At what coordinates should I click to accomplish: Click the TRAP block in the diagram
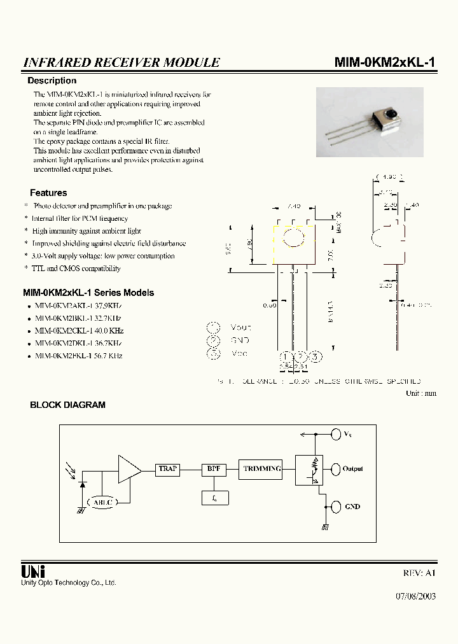click(x=168, y=469)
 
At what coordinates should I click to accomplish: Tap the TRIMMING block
click(x=261, y=469)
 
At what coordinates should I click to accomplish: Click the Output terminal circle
click(x=335, y=469)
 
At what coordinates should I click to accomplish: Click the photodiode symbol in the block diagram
click(x=82, y=484)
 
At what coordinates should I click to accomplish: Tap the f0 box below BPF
click(x=214, y=498)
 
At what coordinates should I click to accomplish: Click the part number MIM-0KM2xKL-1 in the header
click(x=385, y=62)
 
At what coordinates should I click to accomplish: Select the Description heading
click(x=52, y=81)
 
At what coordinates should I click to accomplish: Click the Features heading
click(x=48, y=193)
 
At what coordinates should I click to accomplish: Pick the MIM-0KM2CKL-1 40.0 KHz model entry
click(x=79, y=331)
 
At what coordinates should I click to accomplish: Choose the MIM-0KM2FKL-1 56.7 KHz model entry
click(x=79, y=356)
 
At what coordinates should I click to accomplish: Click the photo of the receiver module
click(x=369, y=122)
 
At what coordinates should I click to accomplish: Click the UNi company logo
click(x=33, y=571)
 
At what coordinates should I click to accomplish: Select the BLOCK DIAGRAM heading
click(x=68, y=405)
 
